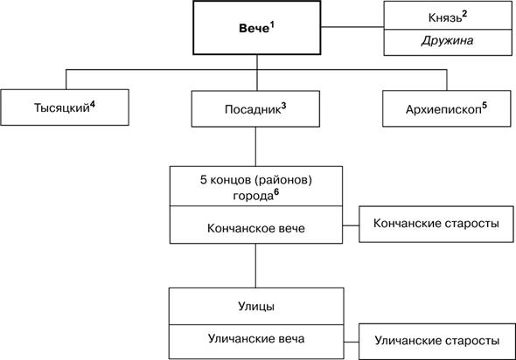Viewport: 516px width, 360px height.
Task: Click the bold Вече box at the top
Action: click(256, 28)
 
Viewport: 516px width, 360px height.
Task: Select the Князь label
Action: click(445, 18)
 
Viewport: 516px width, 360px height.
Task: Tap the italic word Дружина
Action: click(447, 41)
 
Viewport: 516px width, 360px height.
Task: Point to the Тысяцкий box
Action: click(65, 107)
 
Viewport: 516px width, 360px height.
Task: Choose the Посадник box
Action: click(255, 109)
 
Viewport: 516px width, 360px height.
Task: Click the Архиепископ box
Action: click(447, 108)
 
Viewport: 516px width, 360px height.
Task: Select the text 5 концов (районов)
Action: click(256, 180)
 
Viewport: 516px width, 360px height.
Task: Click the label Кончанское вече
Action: click(256, 228)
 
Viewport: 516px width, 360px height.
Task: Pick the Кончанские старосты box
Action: click(436, 225)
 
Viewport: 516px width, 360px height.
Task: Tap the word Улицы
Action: click(256, 307)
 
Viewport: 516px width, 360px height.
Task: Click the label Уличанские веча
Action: click(256, 339)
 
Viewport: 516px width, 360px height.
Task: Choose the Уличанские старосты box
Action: click(437, 342)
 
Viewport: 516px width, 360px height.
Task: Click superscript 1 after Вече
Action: click(272, 25)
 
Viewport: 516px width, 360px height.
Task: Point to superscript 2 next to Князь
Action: click(464, 15)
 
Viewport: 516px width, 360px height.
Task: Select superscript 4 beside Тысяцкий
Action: click(93, 105)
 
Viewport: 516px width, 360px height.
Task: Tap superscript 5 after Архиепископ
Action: click(485, 106)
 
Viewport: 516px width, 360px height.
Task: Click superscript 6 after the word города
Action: click(276, 192)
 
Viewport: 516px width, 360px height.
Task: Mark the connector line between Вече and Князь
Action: click(352, 27)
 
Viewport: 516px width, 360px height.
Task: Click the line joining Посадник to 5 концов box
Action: click(255, 147)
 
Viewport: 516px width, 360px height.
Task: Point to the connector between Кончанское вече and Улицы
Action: click(255, 266)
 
